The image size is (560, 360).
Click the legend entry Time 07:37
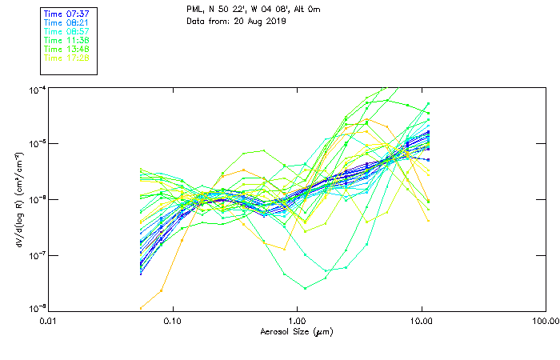67,14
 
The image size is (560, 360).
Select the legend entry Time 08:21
67,23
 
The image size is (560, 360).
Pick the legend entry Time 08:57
67,32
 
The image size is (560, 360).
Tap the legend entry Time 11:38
67,40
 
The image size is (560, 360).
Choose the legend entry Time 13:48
67,49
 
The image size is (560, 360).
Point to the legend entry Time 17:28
67,58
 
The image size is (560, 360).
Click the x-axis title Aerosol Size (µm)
296,331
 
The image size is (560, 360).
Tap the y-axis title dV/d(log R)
18,198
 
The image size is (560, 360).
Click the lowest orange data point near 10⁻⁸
142,307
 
